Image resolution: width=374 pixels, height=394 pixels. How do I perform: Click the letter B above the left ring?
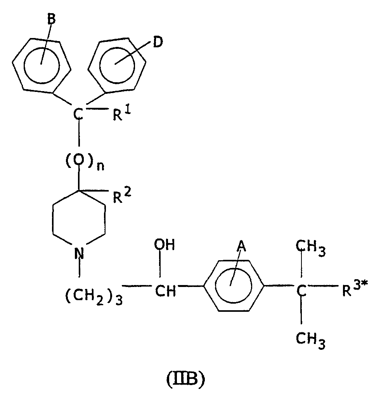pos(51,19)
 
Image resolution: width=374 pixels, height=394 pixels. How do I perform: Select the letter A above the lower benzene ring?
pos(241,246)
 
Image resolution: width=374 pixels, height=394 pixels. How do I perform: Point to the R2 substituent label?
pos(122,196)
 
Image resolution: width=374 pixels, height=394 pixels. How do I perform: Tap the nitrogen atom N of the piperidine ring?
pos(79,254)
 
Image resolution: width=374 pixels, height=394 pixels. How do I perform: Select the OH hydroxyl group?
pos(164,245)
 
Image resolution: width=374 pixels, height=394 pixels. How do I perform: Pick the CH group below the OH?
pos(165,292)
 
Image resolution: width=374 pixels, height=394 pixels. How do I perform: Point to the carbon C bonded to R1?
pos(78,114)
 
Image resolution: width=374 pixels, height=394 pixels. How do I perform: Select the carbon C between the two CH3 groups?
pos(301,291)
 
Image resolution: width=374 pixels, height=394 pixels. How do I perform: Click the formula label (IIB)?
pos(185,379)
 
